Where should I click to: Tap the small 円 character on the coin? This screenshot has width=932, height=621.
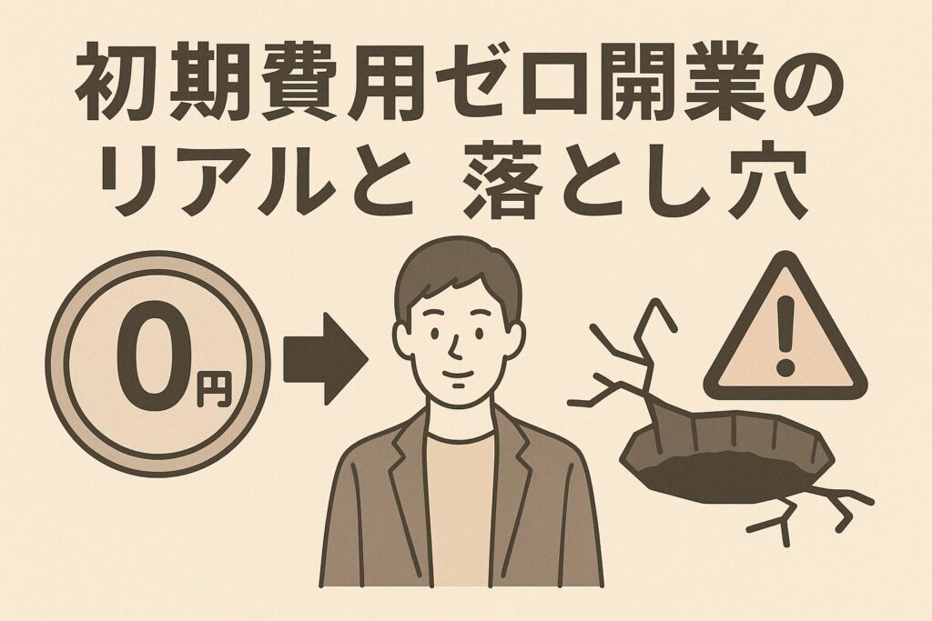pos(213,389)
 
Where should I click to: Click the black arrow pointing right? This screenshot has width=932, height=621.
pos(325,358)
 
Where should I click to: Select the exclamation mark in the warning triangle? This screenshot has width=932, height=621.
pos(785,336)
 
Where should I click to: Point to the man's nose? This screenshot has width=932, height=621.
pos(454,346)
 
